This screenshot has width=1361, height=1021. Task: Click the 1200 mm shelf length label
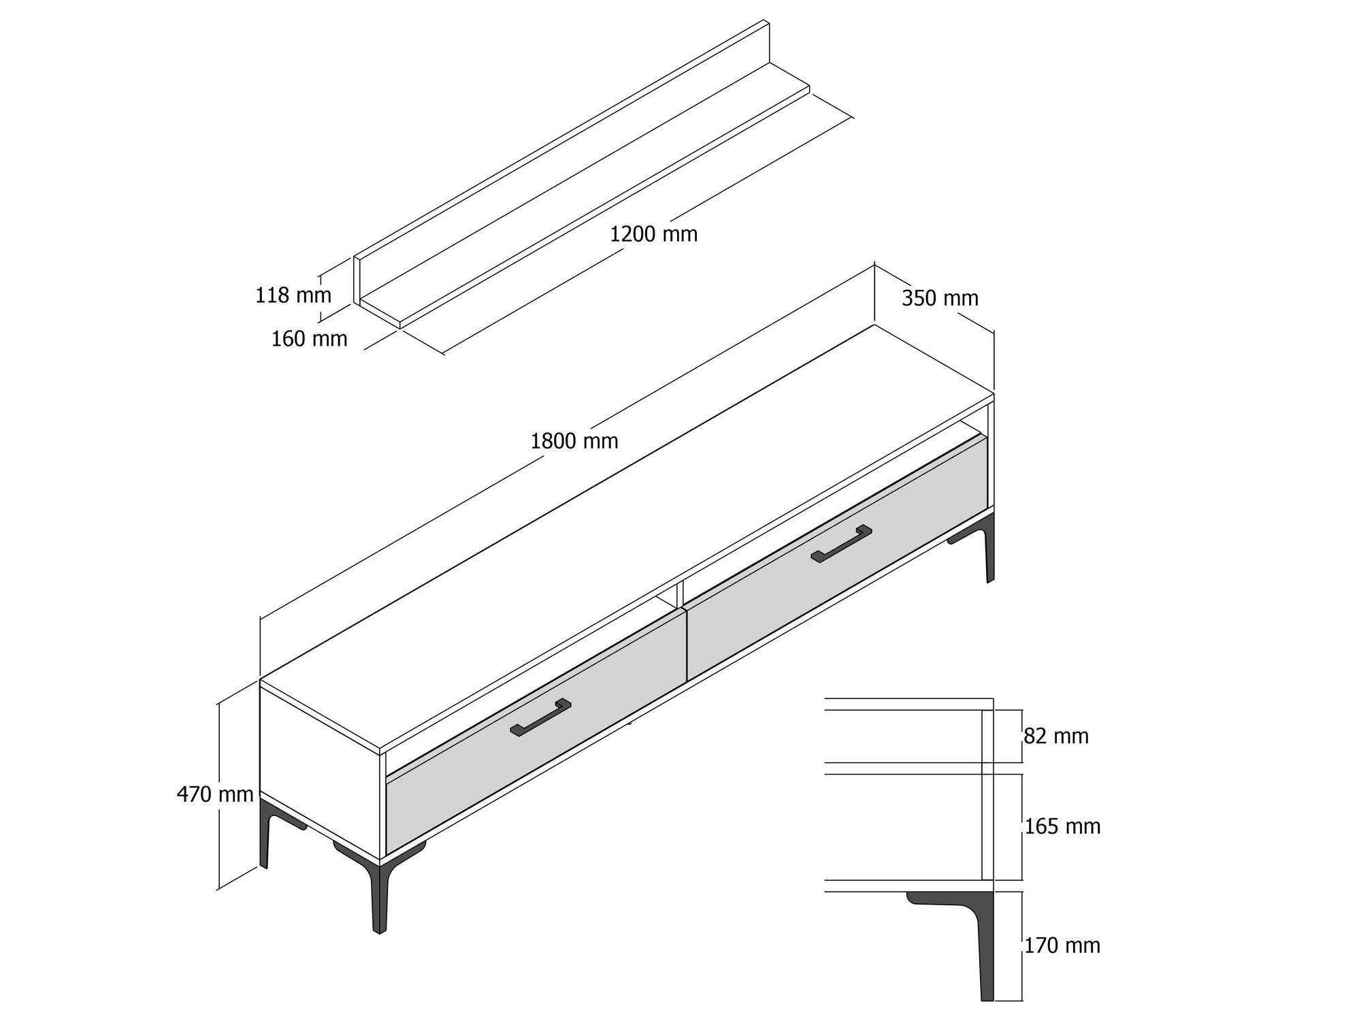tap(653, 234)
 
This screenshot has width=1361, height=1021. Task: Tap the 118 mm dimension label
tap(293, 295)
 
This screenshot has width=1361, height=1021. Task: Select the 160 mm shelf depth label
tap(310, 338)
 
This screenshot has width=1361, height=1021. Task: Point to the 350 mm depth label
tap(940, 298)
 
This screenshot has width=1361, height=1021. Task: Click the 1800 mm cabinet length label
tap(574, 441)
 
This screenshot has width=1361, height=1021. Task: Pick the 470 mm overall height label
tap(215, 794)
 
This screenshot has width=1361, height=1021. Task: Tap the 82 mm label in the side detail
tap(1056, 736)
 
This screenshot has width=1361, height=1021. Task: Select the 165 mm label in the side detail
tap(1062, 826)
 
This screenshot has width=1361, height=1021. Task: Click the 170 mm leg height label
tap(1062, 945)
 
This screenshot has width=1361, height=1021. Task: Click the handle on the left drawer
tap(540, 717)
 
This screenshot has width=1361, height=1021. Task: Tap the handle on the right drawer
tap(841, 544)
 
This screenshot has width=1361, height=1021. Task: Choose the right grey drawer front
tap(837, 558)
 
